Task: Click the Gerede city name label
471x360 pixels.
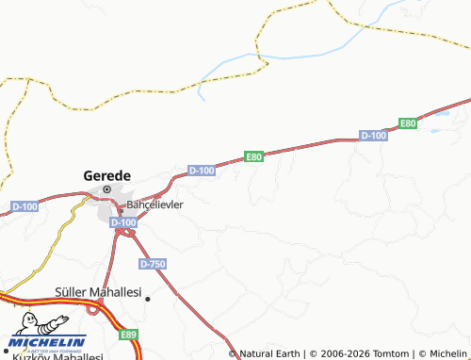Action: (107, 174)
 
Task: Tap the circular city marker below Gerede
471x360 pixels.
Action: (106, 189)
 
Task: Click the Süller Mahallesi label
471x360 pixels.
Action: (98, 293)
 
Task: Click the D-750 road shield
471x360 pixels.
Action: (152, 263)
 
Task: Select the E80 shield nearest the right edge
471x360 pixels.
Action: (407, 123)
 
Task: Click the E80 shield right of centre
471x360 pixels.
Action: (253, 156)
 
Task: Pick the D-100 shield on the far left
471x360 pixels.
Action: (25, 205)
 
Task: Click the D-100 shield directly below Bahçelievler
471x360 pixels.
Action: (122, 222)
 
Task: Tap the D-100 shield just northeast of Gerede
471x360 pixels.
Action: (202, 170)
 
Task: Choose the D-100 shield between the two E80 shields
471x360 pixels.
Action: (374, 137)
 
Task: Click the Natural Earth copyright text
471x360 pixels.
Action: (273, 353)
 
